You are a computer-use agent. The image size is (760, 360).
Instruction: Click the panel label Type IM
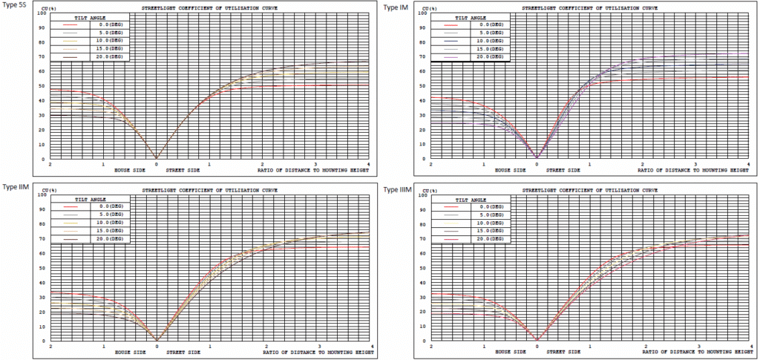(395, 7)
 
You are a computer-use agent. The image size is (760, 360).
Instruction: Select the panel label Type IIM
(16, 186)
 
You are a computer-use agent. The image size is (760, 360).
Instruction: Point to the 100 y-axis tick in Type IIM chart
(42, 195)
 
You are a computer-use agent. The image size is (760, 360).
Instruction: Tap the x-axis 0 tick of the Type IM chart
(537, 164)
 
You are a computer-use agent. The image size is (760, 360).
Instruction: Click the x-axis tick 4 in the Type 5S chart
(369, 164)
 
